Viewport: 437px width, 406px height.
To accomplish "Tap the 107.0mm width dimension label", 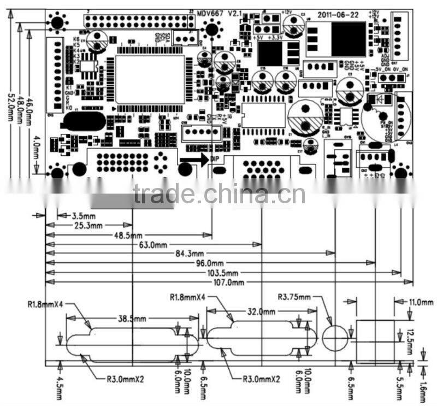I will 230,283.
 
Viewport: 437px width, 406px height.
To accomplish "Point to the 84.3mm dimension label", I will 190,253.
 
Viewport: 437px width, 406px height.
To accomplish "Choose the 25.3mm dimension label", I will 88,225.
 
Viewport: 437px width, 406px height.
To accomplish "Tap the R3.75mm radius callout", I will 294,297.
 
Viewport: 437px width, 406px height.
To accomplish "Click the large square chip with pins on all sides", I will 150,80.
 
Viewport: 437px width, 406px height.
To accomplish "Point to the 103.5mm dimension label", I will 225,273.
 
